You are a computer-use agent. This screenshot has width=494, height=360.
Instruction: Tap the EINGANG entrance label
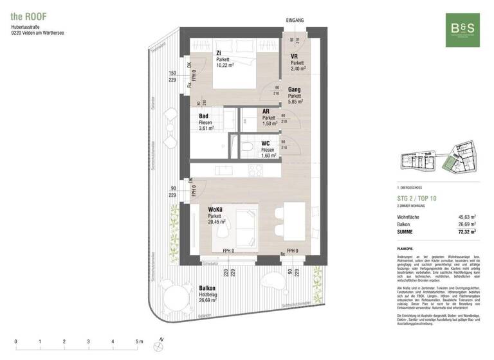pos(295,21)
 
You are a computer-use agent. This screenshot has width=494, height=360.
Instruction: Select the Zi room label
pos(219,53)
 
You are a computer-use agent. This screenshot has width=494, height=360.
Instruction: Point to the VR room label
pos(293,57)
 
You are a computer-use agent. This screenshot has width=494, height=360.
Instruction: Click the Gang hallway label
pos(295,91)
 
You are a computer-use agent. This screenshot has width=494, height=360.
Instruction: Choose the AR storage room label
pos(266,112)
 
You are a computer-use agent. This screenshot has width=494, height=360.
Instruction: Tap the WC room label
pos(266,144)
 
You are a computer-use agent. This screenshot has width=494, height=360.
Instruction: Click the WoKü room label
pos(215,210)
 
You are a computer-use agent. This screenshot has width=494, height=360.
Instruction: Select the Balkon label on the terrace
pos(207,289)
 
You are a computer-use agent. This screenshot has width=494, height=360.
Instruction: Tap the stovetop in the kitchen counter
pos(255,171)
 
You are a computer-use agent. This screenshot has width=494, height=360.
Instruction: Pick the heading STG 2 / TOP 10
pos(417,199)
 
